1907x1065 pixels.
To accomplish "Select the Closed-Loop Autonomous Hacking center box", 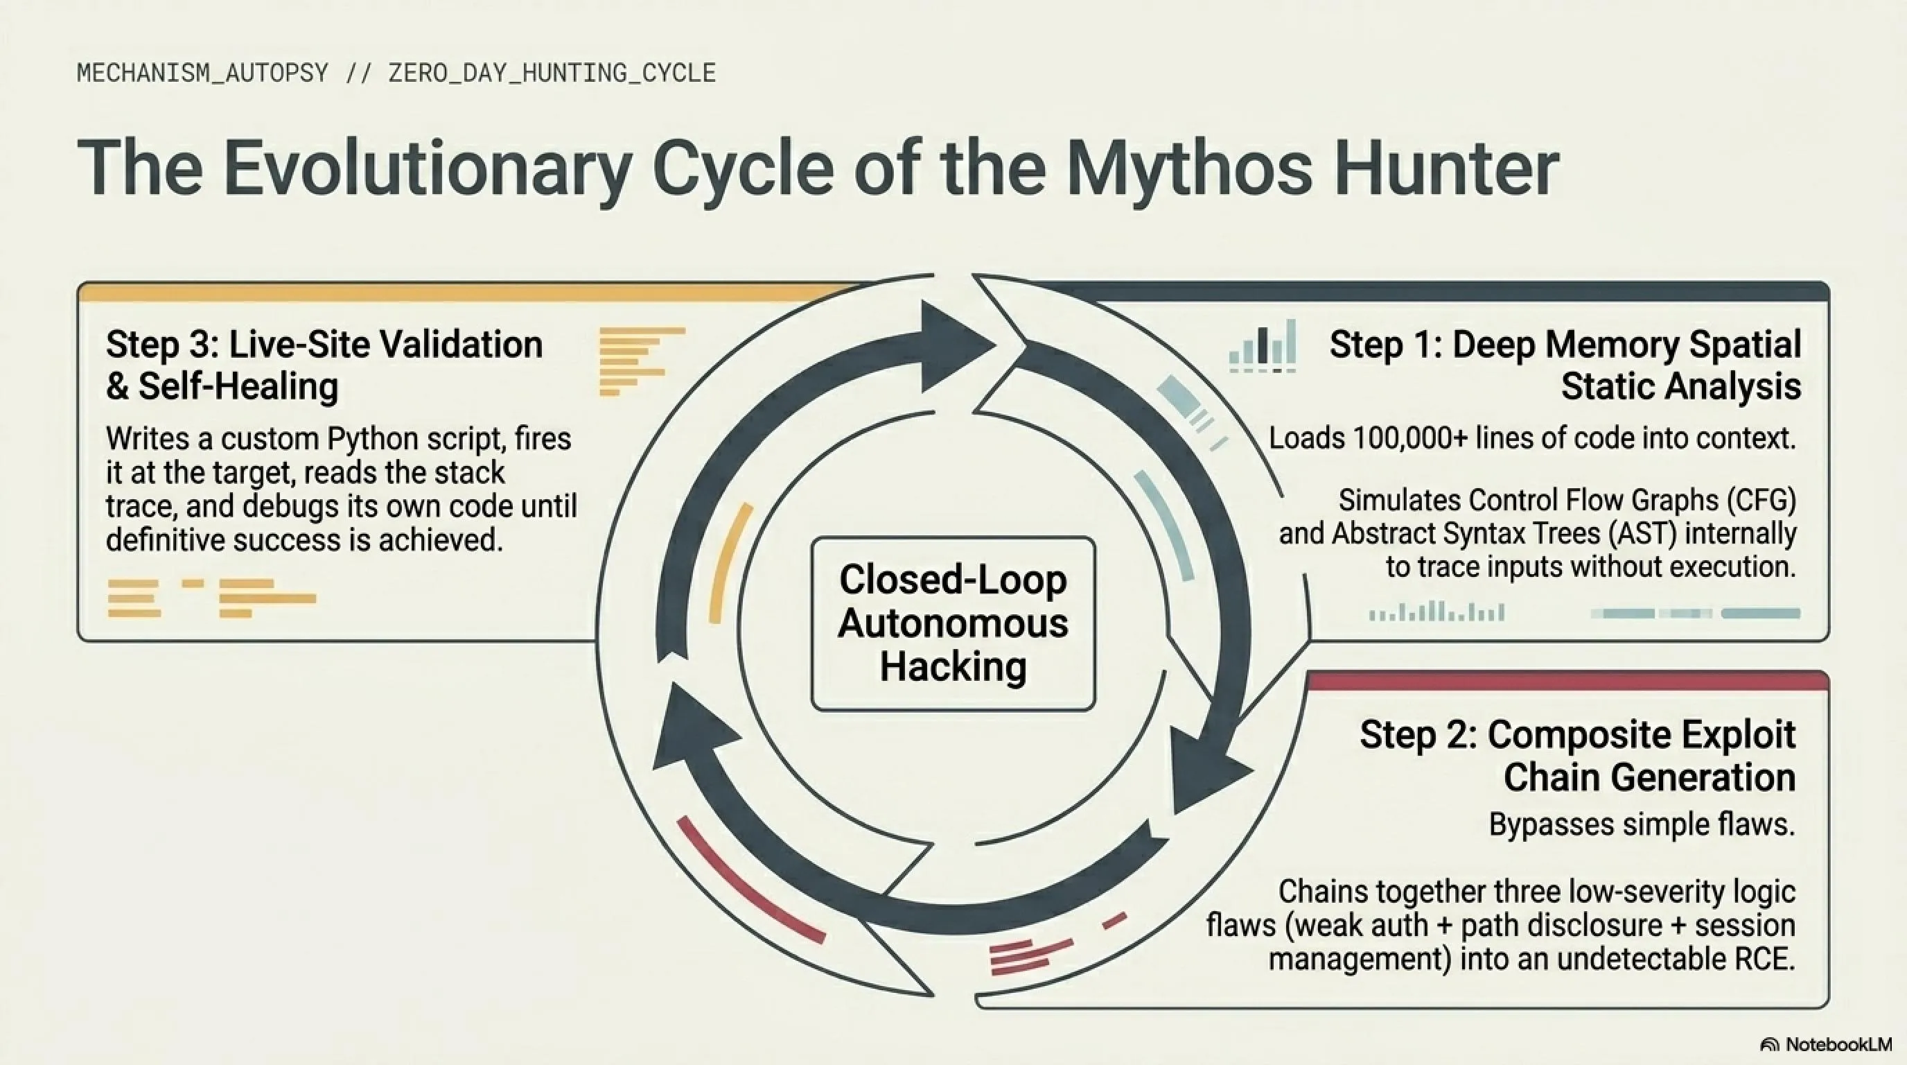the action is [953, 623].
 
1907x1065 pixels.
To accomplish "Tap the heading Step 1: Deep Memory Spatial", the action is [1565, 345].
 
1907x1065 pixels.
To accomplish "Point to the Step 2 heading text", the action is [1578, 756].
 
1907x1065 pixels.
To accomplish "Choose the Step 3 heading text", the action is [324, 365].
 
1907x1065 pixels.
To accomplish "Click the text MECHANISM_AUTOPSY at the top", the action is [203, 73].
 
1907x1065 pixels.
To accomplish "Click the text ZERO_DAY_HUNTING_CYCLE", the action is [552, 73].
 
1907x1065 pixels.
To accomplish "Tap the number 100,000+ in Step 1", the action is [1410, 438].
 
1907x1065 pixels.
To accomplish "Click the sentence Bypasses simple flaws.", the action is [1642, 824].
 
